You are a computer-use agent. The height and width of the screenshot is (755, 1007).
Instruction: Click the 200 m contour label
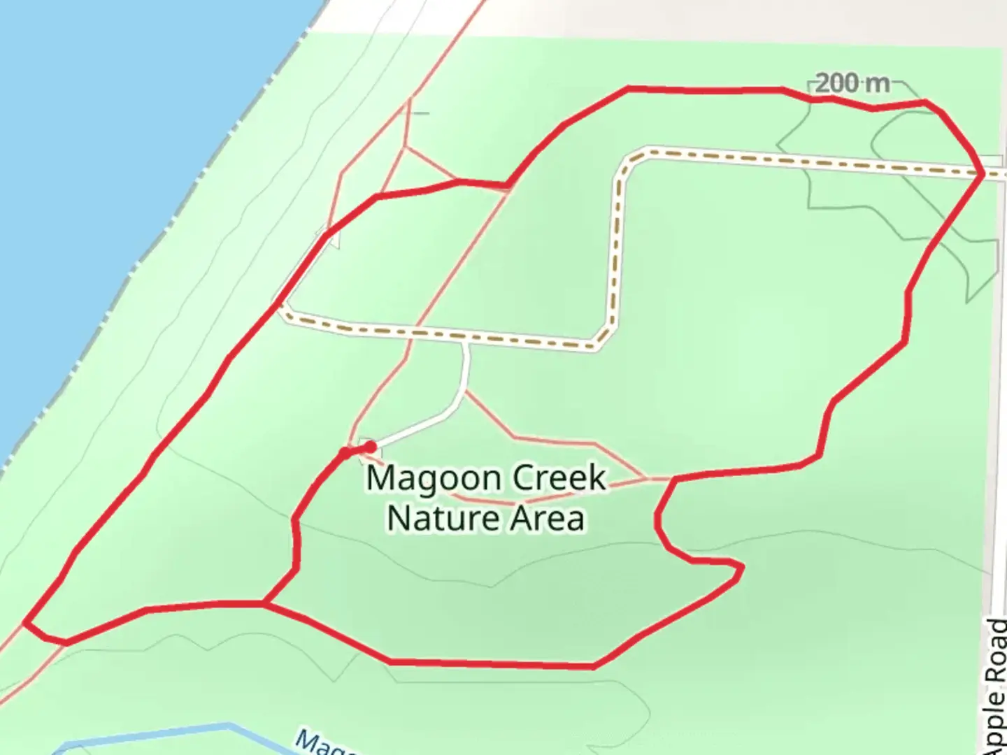coord(852,84)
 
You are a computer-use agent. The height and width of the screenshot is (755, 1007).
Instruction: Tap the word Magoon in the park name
coord(434,480)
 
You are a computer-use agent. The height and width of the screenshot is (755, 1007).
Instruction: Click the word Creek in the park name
coord(559,479)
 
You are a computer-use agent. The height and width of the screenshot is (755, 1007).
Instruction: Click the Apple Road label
coord(997,685)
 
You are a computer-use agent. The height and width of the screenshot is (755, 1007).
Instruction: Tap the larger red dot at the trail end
coord(371,446)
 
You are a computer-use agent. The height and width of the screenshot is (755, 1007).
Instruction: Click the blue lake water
coord(105,175)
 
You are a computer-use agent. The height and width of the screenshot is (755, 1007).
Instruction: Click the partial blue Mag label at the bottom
coord(322,742)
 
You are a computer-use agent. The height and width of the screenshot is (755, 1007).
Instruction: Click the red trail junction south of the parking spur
coord(264,602)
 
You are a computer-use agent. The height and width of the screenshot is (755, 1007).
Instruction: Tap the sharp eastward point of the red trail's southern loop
coord(740,568)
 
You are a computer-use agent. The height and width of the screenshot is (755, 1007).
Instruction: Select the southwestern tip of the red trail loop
coord(26,621)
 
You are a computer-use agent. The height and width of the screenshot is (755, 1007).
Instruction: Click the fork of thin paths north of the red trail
coord(404,147)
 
